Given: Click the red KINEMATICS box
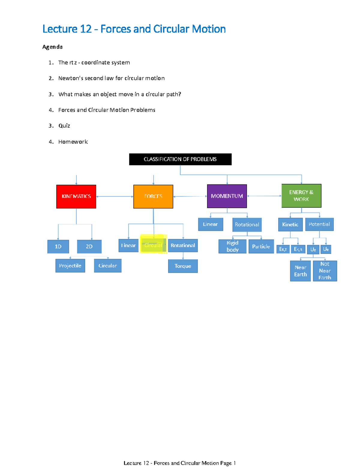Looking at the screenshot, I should pyautogui.click(x=76, y=197).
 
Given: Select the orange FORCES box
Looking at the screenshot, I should pyautogui.click(x=153, y=197).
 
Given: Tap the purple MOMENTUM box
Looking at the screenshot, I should pyautogui.click(x=227, y=196).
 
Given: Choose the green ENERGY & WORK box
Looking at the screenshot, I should pyautogui.click(x=301, y=196).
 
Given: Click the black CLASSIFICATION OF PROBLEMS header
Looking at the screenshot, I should pyautogui.click(x=180, y=159).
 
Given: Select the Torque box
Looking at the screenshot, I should pyautogui.click(x=183, y=266).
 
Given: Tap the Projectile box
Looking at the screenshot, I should pyautogui.click(x=70, y=266).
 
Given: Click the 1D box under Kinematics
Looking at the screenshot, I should pyautogui.click(x=58, y=246).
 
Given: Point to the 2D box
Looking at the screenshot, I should pyautogui.click(x=89, y=246).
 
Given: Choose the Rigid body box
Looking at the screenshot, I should pyautogui.click(x=232, y=246).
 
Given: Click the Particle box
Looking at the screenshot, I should pyautogui.click(x=261, y=246).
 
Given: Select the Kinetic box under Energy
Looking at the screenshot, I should pyautogui.click(x=290, y=224).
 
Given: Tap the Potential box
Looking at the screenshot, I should pyautogui.click(x=319, y=224).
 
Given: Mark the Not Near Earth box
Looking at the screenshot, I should pyautogui.click(x=325, y=271).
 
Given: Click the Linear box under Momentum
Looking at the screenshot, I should pyautogui.click(x=210, y=224).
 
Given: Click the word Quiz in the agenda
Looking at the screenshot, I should pyautogui.click(x=64, y=126).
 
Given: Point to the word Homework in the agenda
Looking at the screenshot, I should pyautogui.click(x=73, y=142).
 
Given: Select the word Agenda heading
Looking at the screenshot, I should pyautogui.click(x=52, y=47).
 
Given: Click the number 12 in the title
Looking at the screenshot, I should pyautogui.click(x=86, y=29).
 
